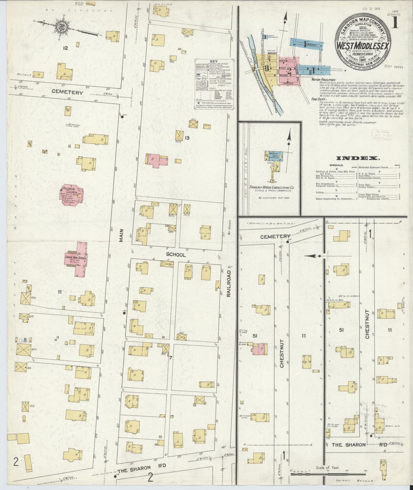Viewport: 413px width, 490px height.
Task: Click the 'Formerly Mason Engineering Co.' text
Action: coord(272,187)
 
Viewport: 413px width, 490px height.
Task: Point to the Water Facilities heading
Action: coord(322,80)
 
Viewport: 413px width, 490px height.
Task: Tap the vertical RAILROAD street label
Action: coord(229,283)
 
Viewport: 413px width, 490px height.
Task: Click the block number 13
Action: coord(187,138)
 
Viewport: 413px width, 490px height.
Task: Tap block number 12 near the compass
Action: coord(66,48)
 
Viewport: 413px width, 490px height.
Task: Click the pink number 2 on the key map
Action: coord(290,69)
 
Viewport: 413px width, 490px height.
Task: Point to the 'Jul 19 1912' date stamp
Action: coord(371,8)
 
